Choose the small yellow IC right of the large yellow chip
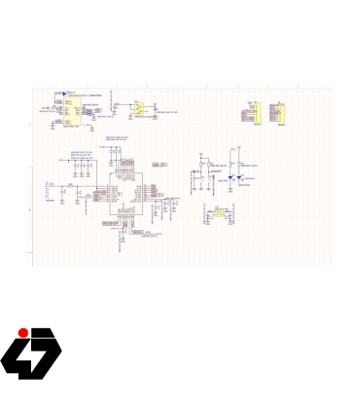pos(139,109)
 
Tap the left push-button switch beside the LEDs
pos(198,165)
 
